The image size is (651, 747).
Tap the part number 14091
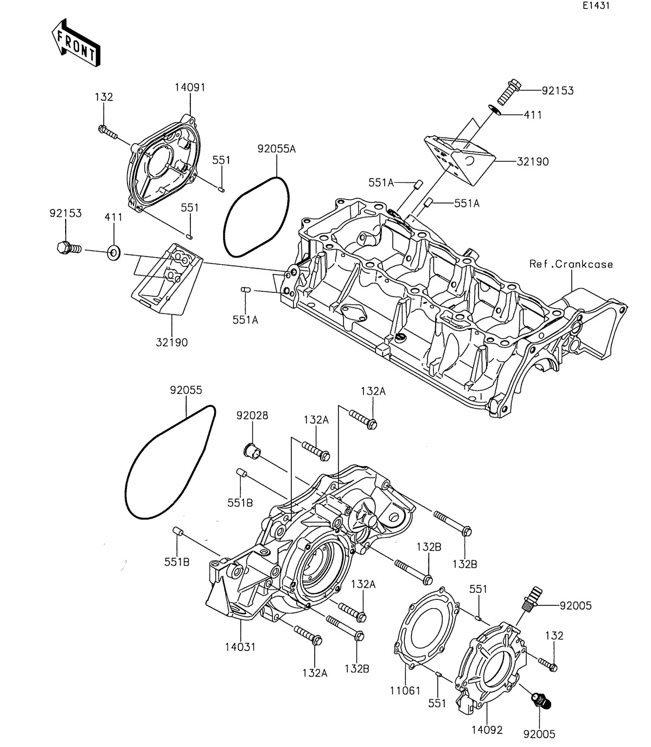tap(190, 87)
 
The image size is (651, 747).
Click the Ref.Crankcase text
tap(572, 264)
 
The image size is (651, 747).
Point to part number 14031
tap(240, 647)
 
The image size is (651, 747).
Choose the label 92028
tap(252, 416)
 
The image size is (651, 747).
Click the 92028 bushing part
tap(250, 450)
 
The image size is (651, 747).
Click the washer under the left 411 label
tap(114, 252)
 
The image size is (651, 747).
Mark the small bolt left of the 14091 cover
tap(108, 131)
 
